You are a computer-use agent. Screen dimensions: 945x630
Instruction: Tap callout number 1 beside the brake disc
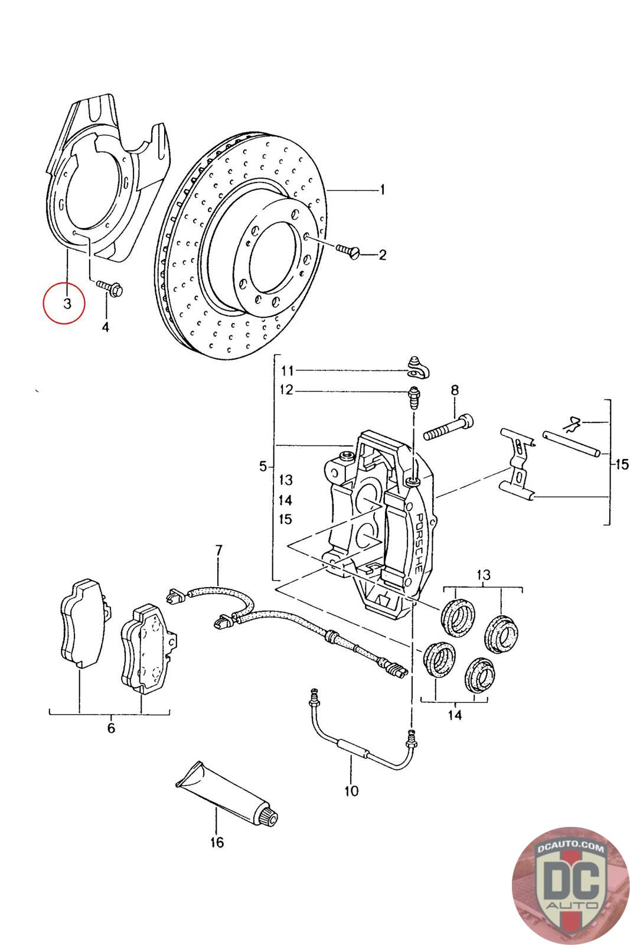pyautogui.click(x=383, y=190)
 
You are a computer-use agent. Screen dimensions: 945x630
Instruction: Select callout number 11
pyautogui.click(x=287, y=371)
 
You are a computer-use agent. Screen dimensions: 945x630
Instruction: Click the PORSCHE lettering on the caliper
pyautogui.click(x=415, y=543)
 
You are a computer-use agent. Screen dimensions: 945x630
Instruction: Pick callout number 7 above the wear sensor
pyautogui.click(x=218, y=550)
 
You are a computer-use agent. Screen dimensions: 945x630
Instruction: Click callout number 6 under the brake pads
pyautogui.click(x=111, y=728)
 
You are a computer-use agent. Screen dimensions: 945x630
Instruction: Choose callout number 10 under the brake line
pyautogui.click(x=351, y=790)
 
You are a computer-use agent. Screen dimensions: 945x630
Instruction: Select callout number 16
pyautogui.click(x=217, y=842)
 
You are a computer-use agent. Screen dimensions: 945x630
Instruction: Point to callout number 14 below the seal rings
pyautogui.click(x=454, y=715)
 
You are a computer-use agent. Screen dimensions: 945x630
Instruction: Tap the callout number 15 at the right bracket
pyautogui.click(x=622, y=464)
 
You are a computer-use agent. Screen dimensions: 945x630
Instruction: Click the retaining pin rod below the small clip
pyautogui.click(x=572, y=444)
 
